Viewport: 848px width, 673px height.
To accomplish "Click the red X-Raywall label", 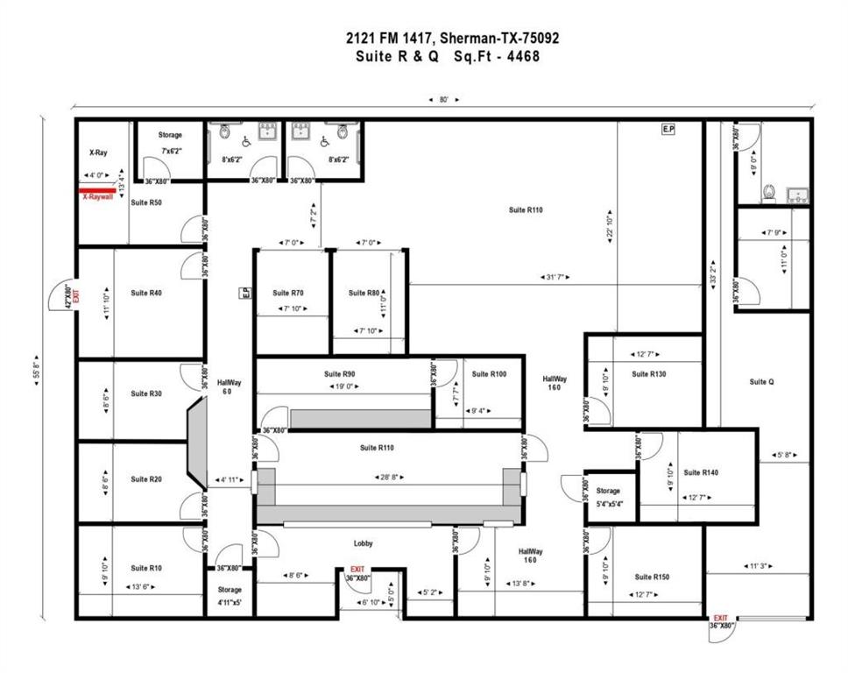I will pyautogui.click(x=98, y=197).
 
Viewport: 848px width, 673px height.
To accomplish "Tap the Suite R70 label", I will pyautogui.click(x=287, y=293).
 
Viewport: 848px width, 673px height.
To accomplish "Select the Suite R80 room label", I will pyautogui.click(x=364, y=293).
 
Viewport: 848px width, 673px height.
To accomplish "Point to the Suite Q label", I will pyautogui.click(x=762, y=382).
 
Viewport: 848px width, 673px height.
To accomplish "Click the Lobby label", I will pyautogui.click(x=364, y=543).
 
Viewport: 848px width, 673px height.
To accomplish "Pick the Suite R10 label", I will pyautogui.click(x=146, y=568).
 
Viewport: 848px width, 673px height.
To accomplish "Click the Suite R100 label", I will pyautogui.click(x=489, y=374).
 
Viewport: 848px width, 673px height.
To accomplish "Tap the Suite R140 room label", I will pyautogui.click(x=701, y=472).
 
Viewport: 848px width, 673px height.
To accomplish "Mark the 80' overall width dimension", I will pyautogui.click(x=444, y=100).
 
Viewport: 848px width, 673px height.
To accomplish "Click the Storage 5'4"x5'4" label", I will pyautogui.click(x=608, y=497).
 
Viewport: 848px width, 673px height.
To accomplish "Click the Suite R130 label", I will pyautogui.click(x=649, y=374).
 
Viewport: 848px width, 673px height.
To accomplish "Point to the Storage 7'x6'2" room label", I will pyautogui.click(x=170, y=135).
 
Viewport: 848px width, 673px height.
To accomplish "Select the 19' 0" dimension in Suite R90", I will pyautogui.click(x=343, y=386).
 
